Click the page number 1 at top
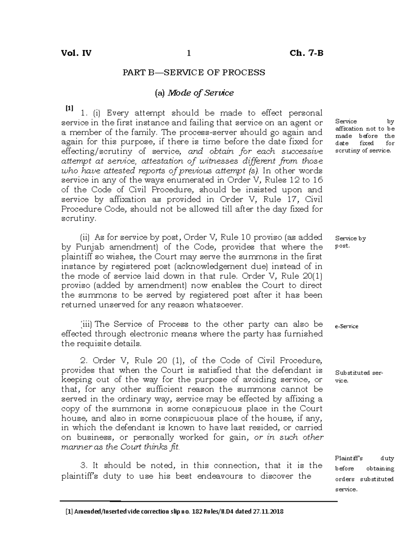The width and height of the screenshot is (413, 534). point(188,53)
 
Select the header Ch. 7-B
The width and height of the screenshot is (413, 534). point(306,53)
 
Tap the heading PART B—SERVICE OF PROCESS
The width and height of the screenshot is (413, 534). point(194,73)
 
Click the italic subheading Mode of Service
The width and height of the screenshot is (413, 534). point(200,93)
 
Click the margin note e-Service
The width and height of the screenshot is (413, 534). point(347,326)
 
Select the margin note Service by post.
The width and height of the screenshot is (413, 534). point(350,242)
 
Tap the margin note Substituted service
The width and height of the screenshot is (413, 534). point(359,377)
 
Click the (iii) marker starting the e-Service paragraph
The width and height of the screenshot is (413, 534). point(86,324)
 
